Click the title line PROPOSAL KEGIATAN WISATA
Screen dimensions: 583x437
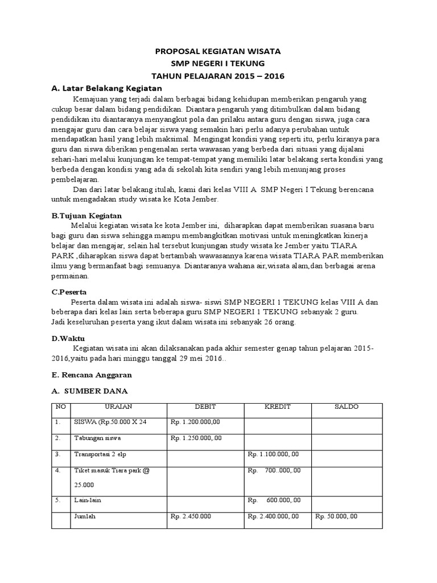pyautogui.click(x=218, y=51)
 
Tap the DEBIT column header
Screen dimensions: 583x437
pyautogui.click(x=205, y=407)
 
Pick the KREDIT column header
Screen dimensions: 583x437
pyautogui.click(x=278, y=407)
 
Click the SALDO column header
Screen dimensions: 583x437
pyautogui.click(x=347, y=407)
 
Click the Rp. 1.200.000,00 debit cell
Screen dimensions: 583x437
pyautogui.click(x=195, y=423)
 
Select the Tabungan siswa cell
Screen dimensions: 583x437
pyautogui.click(x=97, y=439)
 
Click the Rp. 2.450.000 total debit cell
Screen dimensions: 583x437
pyautogui.click(x=191, y=516)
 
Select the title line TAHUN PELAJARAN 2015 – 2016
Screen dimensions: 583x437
pyautogui.click(x=218, y=76)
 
